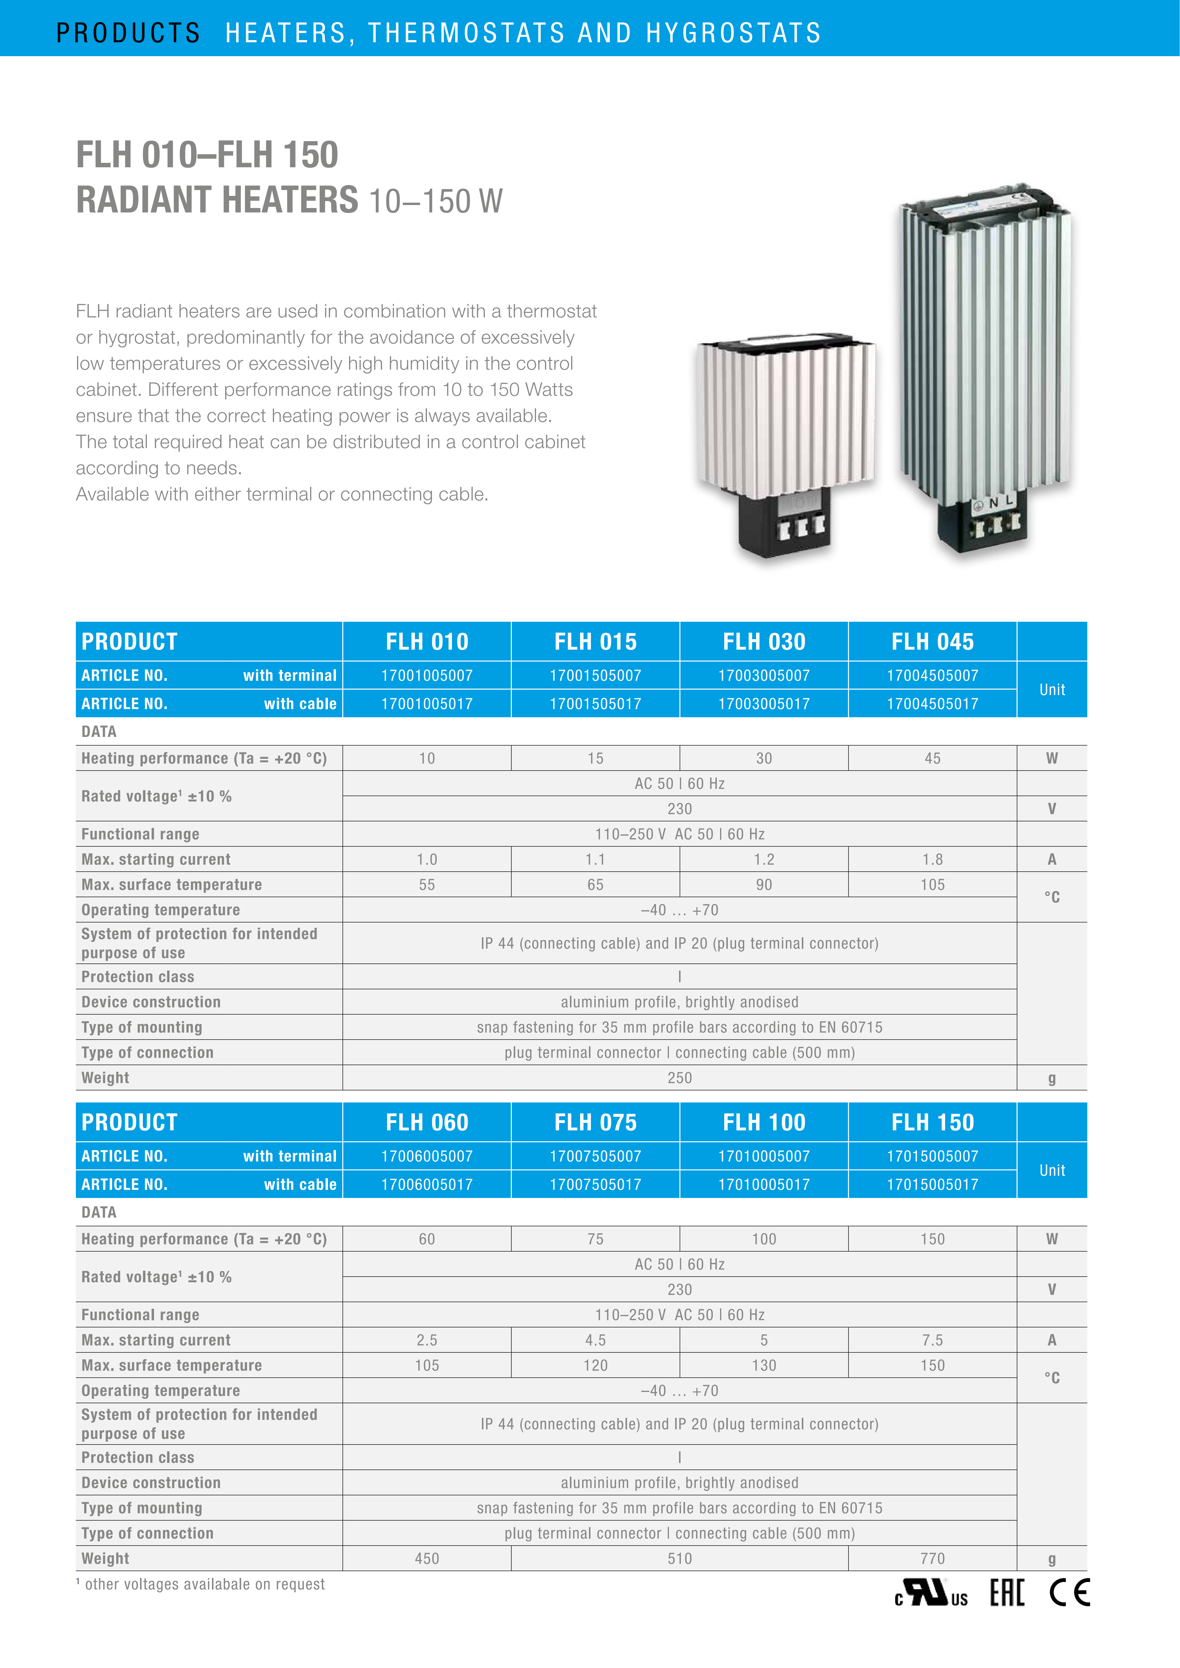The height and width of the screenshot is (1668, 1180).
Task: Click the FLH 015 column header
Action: click(x=595, y=642)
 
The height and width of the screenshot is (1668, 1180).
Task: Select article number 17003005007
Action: click(x=764, y=676)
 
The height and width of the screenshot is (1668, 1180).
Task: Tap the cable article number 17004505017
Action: click(x=932, y=704)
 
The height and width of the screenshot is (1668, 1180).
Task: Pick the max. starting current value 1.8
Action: click(x=932, y=859)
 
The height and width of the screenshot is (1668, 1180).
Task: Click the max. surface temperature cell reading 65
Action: click(x=595, y=885)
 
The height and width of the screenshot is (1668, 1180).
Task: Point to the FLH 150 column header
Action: click(x=932, y=1122)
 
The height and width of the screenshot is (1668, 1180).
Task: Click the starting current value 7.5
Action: click(x=932, y=1340)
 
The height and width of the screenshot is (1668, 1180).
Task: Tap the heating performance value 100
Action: click(x=764, y=1239)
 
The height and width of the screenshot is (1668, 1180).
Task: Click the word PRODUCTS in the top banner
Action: click(x=128, y=33)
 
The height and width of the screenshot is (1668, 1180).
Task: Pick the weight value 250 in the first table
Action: click(x=679, y=1078)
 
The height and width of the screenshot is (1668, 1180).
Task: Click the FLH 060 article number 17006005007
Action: click(x=427, y=1157)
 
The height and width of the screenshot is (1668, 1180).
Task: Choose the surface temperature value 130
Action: click(x=764, y=1366)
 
